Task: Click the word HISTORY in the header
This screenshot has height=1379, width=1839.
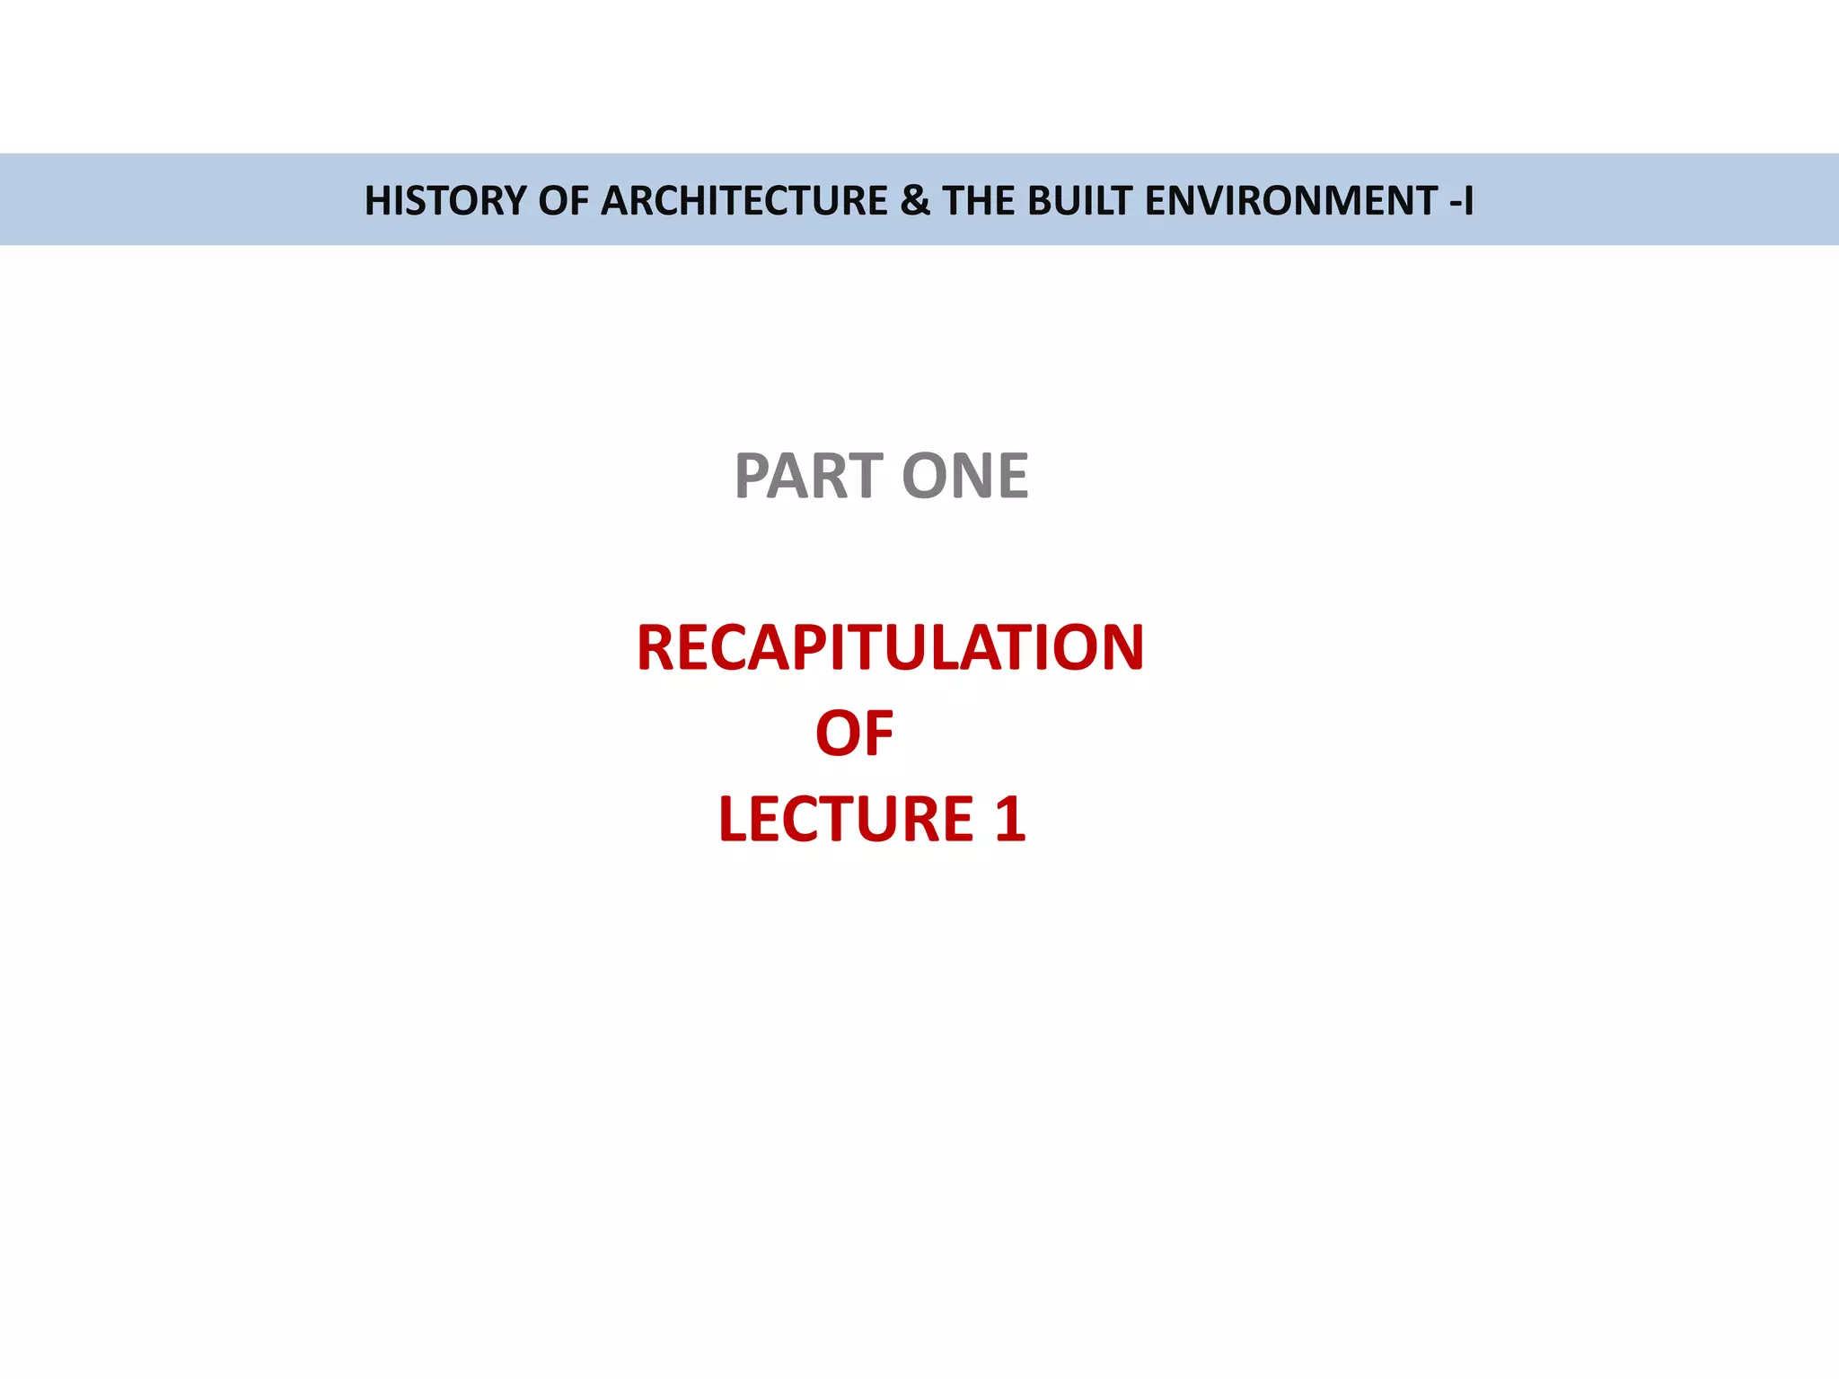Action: point(444,200)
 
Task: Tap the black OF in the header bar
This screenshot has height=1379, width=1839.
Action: point(563,200)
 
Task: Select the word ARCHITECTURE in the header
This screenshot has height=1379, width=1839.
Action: point(744,200)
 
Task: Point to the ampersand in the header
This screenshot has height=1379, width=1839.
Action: point(914,200)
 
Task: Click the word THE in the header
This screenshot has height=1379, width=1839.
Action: point(979,200)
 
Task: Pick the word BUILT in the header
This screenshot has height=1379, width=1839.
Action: point(1079,200)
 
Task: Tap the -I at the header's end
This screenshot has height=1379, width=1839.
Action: point(1461,200)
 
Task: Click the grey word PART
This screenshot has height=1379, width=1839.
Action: point(809,476)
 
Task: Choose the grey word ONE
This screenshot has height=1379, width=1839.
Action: point(964,476)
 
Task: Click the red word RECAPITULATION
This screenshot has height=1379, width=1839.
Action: point(890,647)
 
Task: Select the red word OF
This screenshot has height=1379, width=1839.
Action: point(854,733)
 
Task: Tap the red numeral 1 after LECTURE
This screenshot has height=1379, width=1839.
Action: point(1009,819)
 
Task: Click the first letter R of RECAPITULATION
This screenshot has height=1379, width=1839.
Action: point(656,647)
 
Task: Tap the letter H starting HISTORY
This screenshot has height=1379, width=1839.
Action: point(377,200)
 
